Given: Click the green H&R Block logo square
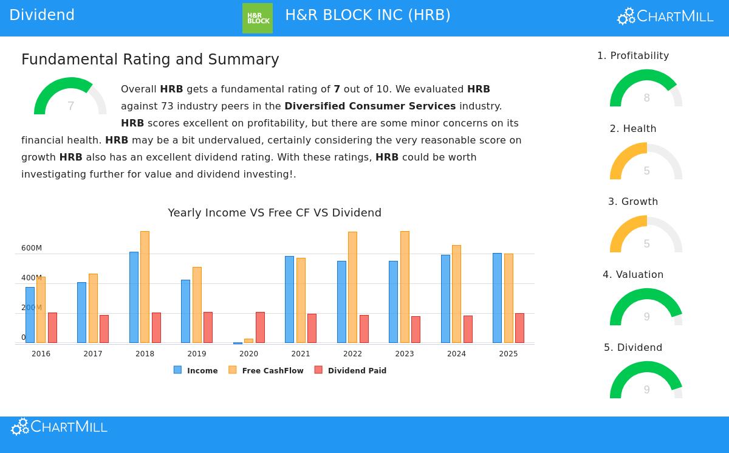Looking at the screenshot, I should pos(258,18).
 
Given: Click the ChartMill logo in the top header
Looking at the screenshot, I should pos(665,16).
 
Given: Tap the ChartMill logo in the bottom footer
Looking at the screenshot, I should pos(60,427).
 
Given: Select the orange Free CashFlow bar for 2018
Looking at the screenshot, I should pos(145,287).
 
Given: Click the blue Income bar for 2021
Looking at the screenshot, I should pos(289,299).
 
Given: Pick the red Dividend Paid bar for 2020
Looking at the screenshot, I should pos(260,327).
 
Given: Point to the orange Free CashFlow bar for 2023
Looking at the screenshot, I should pos(405,287).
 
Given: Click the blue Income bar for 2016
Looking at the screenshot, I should pos(30,314).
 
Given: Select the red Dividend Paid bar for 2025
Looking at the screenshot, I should pos(519,328).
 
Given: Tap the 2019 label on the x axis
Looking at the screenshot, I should pos(197,354).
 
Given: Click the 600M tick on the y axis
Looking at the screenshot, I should pos(32,248).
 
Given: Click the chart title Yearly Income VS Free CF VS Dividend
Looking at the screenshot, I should pos(275,213).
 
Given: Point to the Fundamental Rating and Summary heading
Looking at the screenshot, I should pos(150,60).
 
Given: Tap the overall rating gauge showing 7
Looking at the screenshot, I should pos(70,97).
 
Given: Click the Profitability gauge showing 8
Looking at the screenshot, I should pos(646,89).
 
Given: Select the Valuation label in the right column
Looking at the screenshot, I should pos(633,275).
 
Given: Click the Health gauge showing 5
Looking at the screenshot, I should pos(646,162).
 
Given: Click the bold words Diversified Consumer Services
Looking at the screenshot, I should pos(370,106).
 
